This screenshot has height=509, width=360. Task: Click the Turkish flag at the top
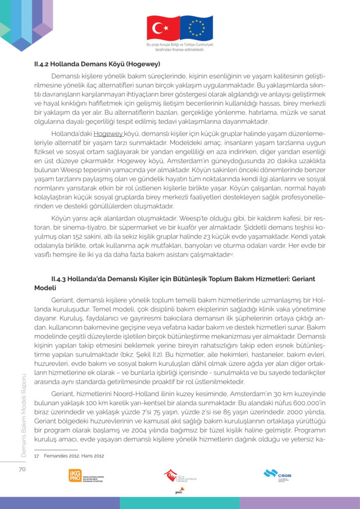click(163, 28)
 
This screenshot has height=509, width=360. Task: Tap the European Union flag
click(196, 28)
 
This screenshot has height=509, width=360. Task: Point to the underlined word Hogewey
click(108, 134)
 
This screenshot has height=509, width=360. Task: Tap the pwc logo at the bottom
click(179, 492)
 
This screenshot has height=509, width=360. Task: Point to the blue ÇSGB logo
click(277, 474)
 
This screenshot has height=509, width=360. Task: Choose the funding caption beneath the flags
click(180, 48)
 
